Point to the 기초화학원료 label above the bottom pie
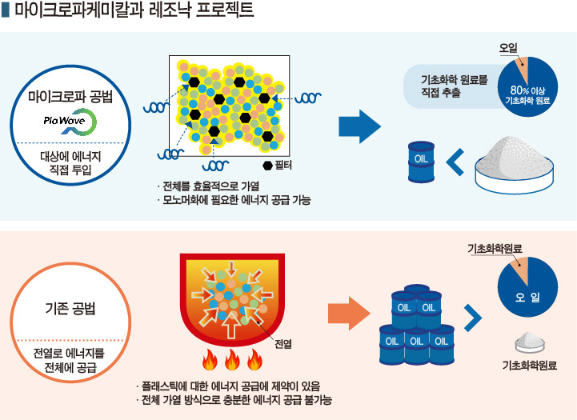coord(495,250)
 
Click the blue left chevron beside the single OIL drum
coord(455,162)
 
